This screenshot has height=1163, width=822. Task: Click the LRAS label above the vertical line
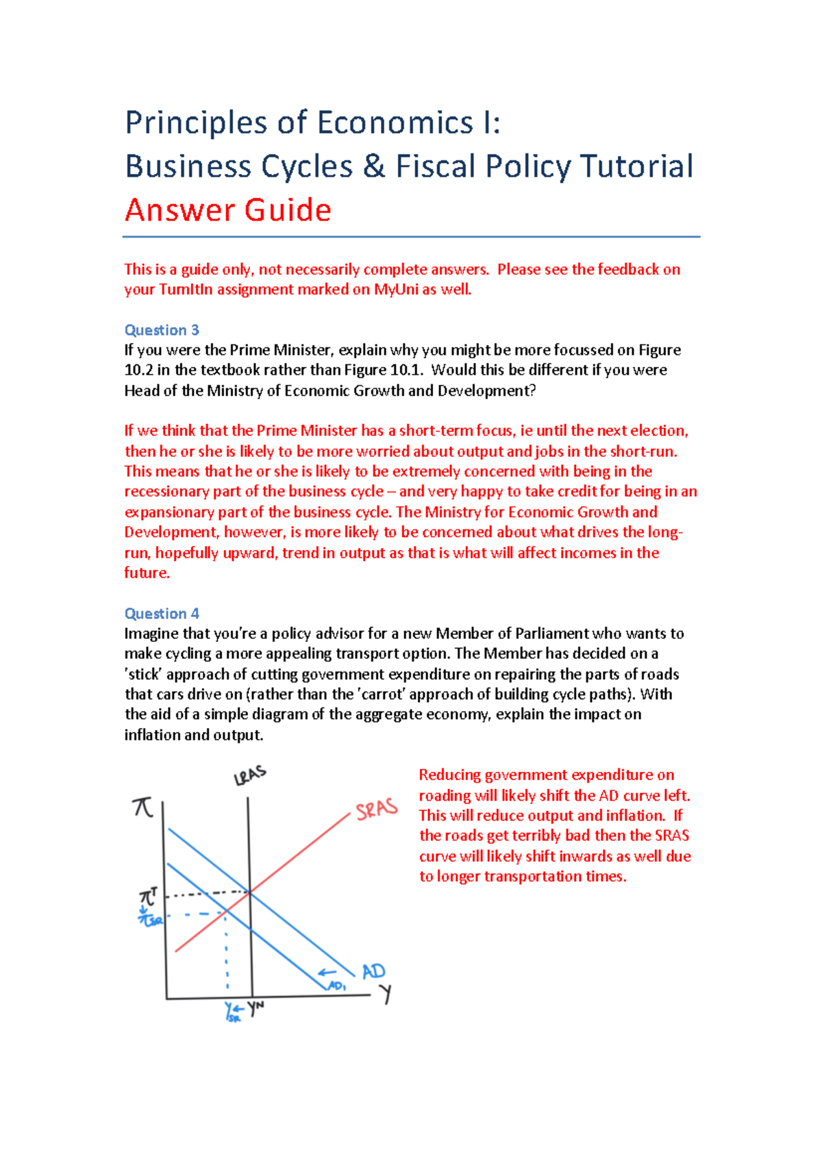coord(250,776)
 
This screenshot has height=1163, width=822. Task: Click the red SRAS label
coord(377,809)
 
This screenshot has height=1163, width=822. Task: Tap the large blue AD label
coord(373,971)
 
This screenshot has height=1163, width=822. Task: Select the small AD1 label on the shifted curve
coord(337,986)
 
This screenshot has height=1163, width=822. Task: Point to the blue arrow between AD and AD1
coord(327,973)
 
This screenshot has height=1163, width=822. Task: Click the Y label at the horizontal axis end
coord(386,993)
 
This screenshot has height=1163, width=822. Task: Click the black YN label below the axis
coord(256,1008)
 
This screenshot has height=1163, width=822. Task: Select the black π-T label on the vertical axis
coord(149,896)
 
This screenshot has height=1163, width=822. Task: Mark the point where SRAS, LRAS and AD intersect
coord(249,892)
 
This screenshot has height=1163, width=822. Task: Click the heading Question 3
coord(162,330)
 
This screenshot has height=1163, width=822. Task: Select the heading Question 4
coord(162,614)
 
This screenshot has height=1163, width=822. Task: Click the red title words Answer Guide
coord(228,210)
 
